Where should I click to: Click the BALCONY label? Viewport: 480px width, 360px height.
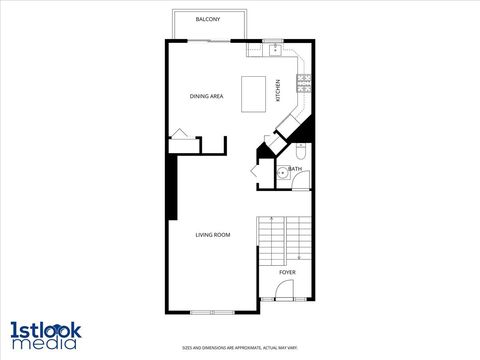click(208, 20)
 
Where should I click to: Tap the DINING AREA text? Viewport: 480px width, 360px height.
click(206, 96)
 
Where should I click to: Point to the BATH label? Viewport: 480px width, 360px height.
click(296, 169)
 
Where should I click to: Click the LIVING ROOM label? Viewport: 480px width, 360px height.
click(213, 234)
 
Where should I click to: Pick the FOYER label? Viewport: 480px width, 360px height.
click(287, 271)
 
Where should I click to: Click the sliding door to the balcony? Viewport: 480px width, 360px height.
click(208, 40)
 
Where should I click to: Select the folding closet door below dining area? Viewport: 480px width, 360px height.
click(181, 134)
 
